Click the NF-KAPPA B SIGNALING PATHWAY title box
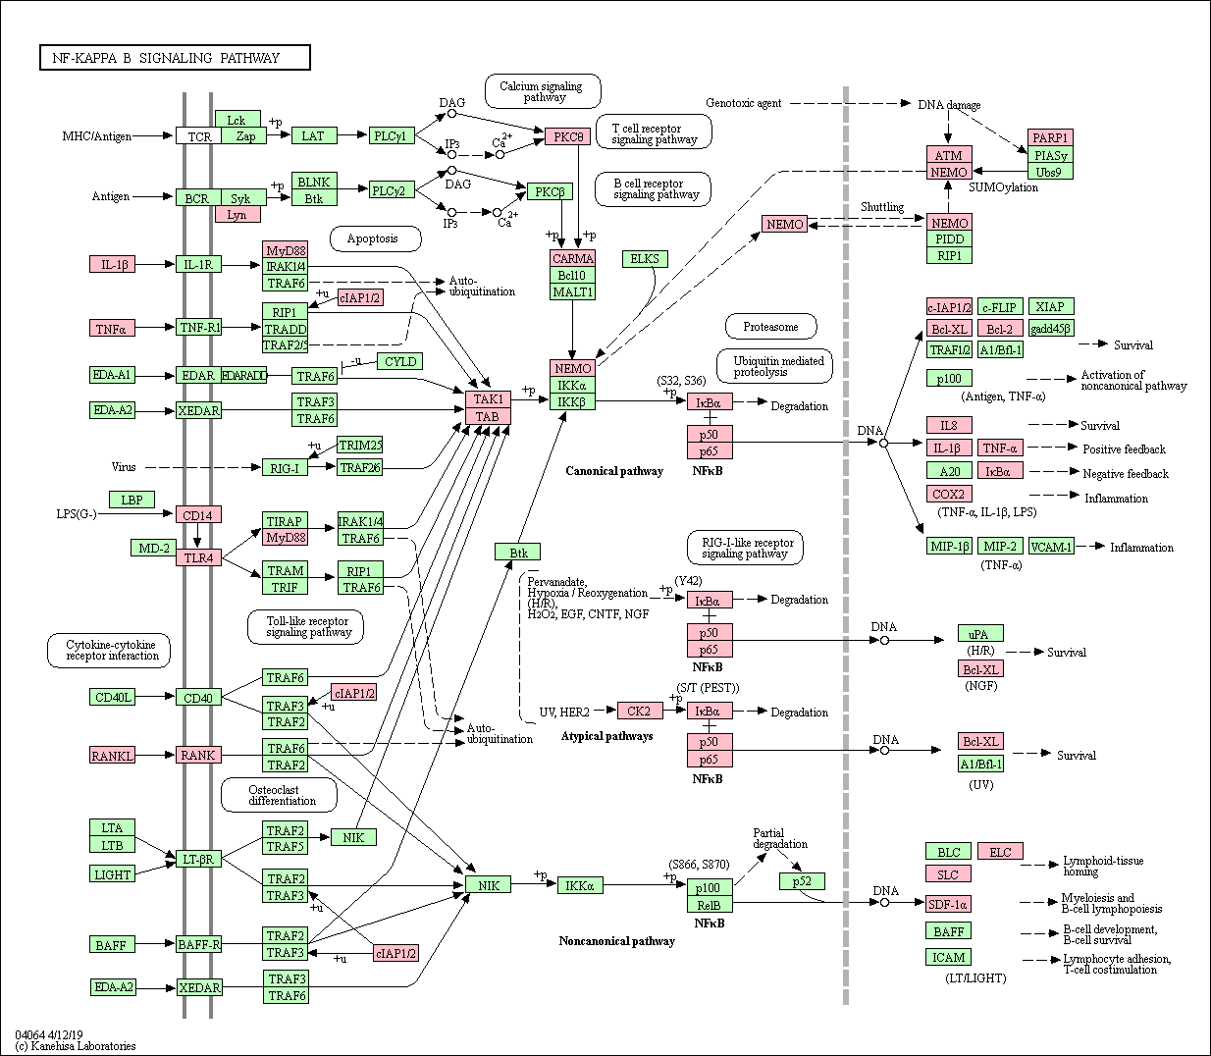coord(176,58)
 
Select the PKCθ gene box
coord(567,136)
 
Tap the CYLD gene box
coord(400,361)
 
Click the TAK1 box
coord(489,399)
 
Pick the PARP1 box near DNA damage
coord(1050,137)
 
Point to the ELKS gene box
coord(645,259)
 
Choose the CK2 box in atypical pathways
coord(640,711)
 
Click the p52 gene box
coord(802,880)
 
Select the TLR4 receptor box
coord(198,557)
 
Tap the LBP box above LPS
coord(132,500)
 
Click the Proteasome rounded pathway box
coord(771,326)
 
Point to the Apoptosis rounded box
coord(375,238)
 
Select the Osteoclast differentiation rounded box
coord(279,795)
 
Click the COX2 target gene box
coord(949,494)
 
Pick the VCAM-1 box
coord(1051,546)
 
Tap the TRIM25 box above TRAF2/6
coord(360,445)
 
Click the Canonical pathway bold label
coord(614,471)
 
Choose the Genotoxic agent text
coord(744,103)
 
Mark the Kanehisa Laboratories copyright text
coord(76,1046)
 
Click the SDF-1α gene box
coord(949,904)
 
